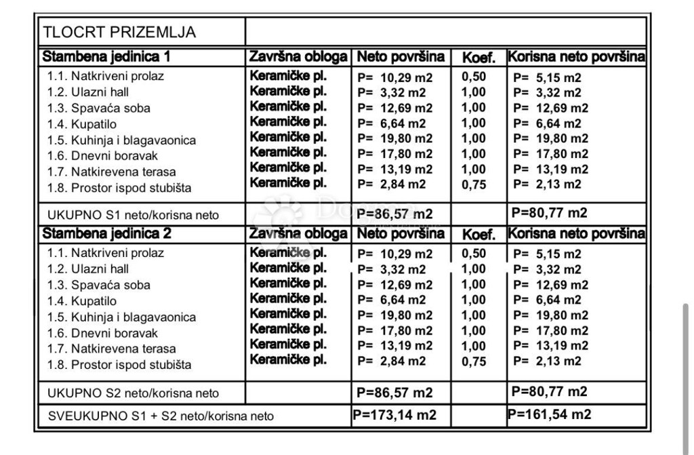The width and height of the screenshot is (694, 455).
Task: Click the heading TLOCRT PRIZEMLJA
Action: click(x=119, y=32)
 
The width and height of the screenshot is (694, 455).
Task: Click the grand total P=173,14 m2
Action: click(x=394, y=415)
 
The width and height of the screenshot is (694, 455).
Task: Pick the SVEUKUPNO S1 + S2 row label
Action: click(x=161, y=416)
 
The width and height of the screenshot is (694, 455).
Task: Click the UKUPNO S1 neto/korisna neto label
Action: click(x=133, y=215)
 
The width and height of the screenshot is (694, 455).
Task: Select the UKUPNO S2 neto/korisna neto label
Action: click(x=133, y=393)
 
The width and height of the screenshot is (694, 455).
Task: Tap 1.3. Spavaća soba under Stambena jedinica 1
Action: click(x=99, y=108)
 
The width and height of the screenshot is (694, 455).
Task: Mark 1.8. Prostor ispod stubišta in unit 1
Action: click(x=119, y=189)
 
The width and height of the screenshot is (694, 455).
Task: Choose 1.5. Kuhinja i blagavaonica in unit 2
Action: click(x=121, y=317)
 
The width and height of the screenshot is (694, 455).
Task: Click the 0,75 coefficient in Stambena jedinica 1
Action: click(x=474, y=184)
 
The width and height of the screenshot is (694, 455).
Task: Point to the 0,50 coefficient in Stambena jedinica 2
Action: click(x=474, y=254)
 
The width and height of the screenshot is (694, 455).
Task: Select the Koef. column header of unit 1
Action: click(x=478, y=58)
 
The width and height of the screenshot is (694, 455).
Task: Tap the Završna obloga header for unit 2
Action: click(x=298, y=235)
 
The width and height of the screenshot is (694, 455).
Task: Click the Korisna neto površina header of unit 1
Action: click(x=576, y=56)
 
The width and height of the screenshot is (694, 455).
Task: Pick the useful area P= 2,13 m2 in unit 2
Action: click(x=547, y=361)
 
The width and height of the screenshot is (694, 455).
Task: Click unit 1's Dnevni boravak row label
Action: click(x=102, y=156)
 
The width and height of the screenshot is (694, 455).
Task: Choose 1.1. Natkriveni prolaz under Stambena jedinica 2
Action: click(x=106, y=254)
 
